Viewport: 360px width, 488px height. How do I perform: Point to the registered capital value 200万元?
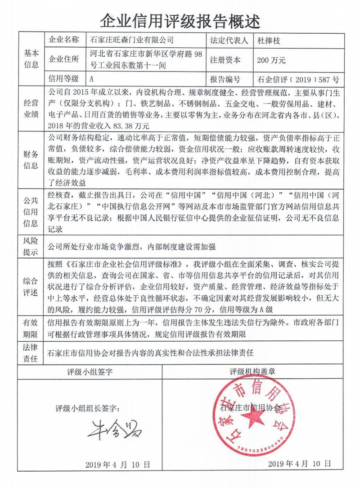click(x=271, y=60)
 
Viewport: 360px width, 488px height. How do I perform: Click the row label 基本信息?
click(x=31, y=59)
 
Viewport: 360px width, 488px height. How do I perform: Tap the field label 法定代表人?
click(x=229, y=40)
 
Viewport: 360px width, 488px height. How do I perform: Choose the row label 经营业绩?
click(x=31, y=109)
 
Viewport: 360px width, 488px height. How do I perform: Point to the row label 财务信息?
click(x=31, y=159)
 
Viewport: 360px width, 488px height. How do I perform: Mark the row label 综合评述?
click(x=31, y=287)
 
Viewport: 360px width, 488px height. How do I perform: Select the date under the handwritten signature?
click(x=118, y=465)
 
